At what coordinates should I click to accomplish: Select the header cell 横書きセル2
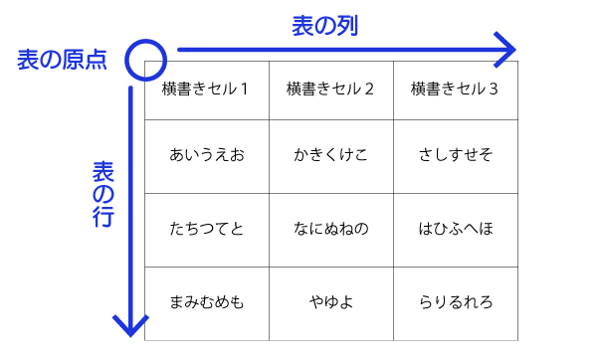(331, 90)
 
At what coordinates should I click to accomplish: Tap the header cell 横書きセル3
(455, 90)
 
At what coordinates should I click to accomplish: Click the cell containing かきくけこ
(331, 155)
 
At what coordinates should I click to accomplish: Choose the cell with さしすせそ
(455, 155)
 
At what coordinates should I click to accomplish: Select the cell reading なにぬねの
(331, 229)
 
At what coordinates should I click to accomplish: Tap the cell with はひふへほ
(455, 229)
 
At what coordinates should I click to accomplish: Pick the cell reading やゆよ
(331, 302)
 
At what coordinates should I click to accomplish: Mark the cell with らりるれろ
(455, 302)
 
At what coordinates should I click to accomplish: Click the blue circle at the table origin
(144, 60)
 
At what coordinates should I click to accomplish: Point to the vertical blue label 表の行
(102, 194)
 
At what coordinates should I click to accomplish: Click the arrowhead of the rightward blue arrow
(507, 48)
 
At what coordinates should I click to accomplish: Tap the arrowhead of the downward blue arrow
(130, 325)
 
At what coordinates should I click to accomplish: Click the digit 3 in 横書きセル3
(494, 90)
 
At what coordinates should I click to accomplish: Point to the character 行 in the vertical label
(102, 218)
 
